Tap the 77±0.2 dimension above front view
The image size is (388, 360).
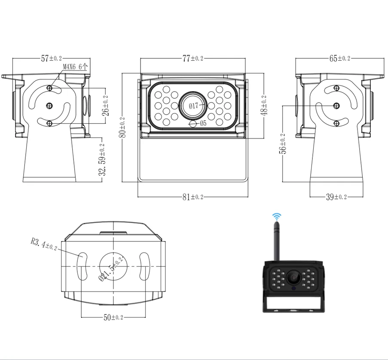click(x=192, y=59)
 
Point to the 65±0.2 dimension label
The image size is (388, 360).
click(x=339, y=59)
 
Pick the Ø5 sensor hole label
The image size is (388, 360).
click(x=203, y=123)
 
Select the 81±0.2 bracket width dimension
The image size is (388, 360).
click(x=192, y=197)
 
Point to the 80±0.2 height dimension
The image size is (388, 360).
click(x=123, y=128)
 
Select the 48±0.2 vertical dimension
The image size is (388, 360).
click(x=263, y=106)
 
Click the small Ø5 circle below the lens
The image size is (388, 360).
click(x=193, y=124)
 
